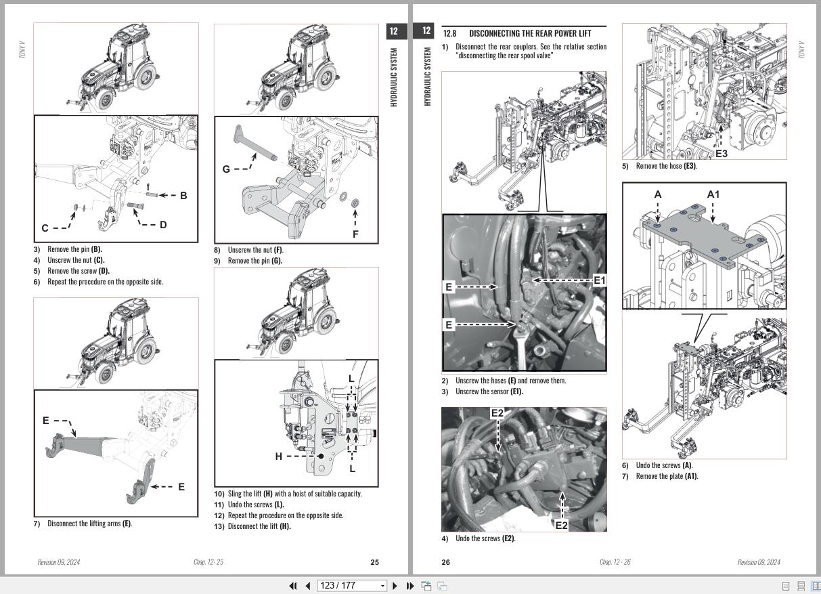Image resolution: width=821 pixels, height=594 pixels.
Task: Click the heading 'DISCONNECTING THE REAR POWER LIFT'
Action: pyautogui.click(x=529, y=33)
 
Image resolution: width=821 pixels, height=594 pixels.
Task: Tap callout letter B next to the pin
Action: pyautogui.click(x=183, y=196)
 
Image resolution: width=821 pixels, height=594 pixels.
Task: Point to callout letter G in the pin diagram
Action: pyautogui.click(x=226, y=169)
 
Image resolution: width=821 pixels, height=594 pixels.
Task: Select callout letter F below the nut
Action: pyautogui.click(x=355, y=234)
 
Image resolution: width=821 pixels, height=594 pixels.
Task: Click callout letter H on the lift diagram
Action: pyautogui.click(x=278, y=457)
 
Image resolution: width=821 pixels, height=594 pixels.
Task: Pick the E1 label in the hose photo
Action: pyautogui.click(x=600, y=280)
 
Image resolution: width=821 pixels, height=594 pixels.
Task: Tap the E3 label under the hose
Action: pyautogui.click(x=722, y=154)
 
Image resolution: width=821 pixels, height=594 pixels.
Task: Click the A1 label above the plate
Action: pyautogui.click(x=713, y=194)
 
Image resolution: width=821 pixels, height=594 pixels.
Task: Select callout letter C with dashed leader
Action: pyautogui.click(x=45, y=228)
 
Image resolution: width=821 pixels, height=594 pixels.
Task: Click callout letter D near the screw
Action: pyautogui.click(x=163, y=225)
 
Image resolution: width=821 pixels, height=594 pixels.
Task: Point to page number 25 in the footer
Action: pyautogui.click(x=375, y=562)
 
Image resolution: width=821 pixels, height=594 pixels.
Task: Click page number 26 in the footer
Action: pyautogui.click(x=445, y=562)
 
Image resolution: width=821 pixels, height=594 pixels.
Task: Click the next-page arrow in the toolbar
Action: pyautogui.click(x=395, y=586)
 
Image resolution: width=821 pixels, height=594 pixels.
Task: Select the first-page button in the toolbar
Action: pyautogui.click(x=292, y=586)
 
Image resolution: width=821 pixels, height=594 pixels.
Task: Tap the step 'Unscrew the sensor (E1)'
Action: pyautogui.click(x=489, y=391)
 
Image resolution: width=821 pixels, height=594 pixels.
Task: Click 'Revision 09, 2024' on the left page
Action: pyautogui.click(x=58, y=562)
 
